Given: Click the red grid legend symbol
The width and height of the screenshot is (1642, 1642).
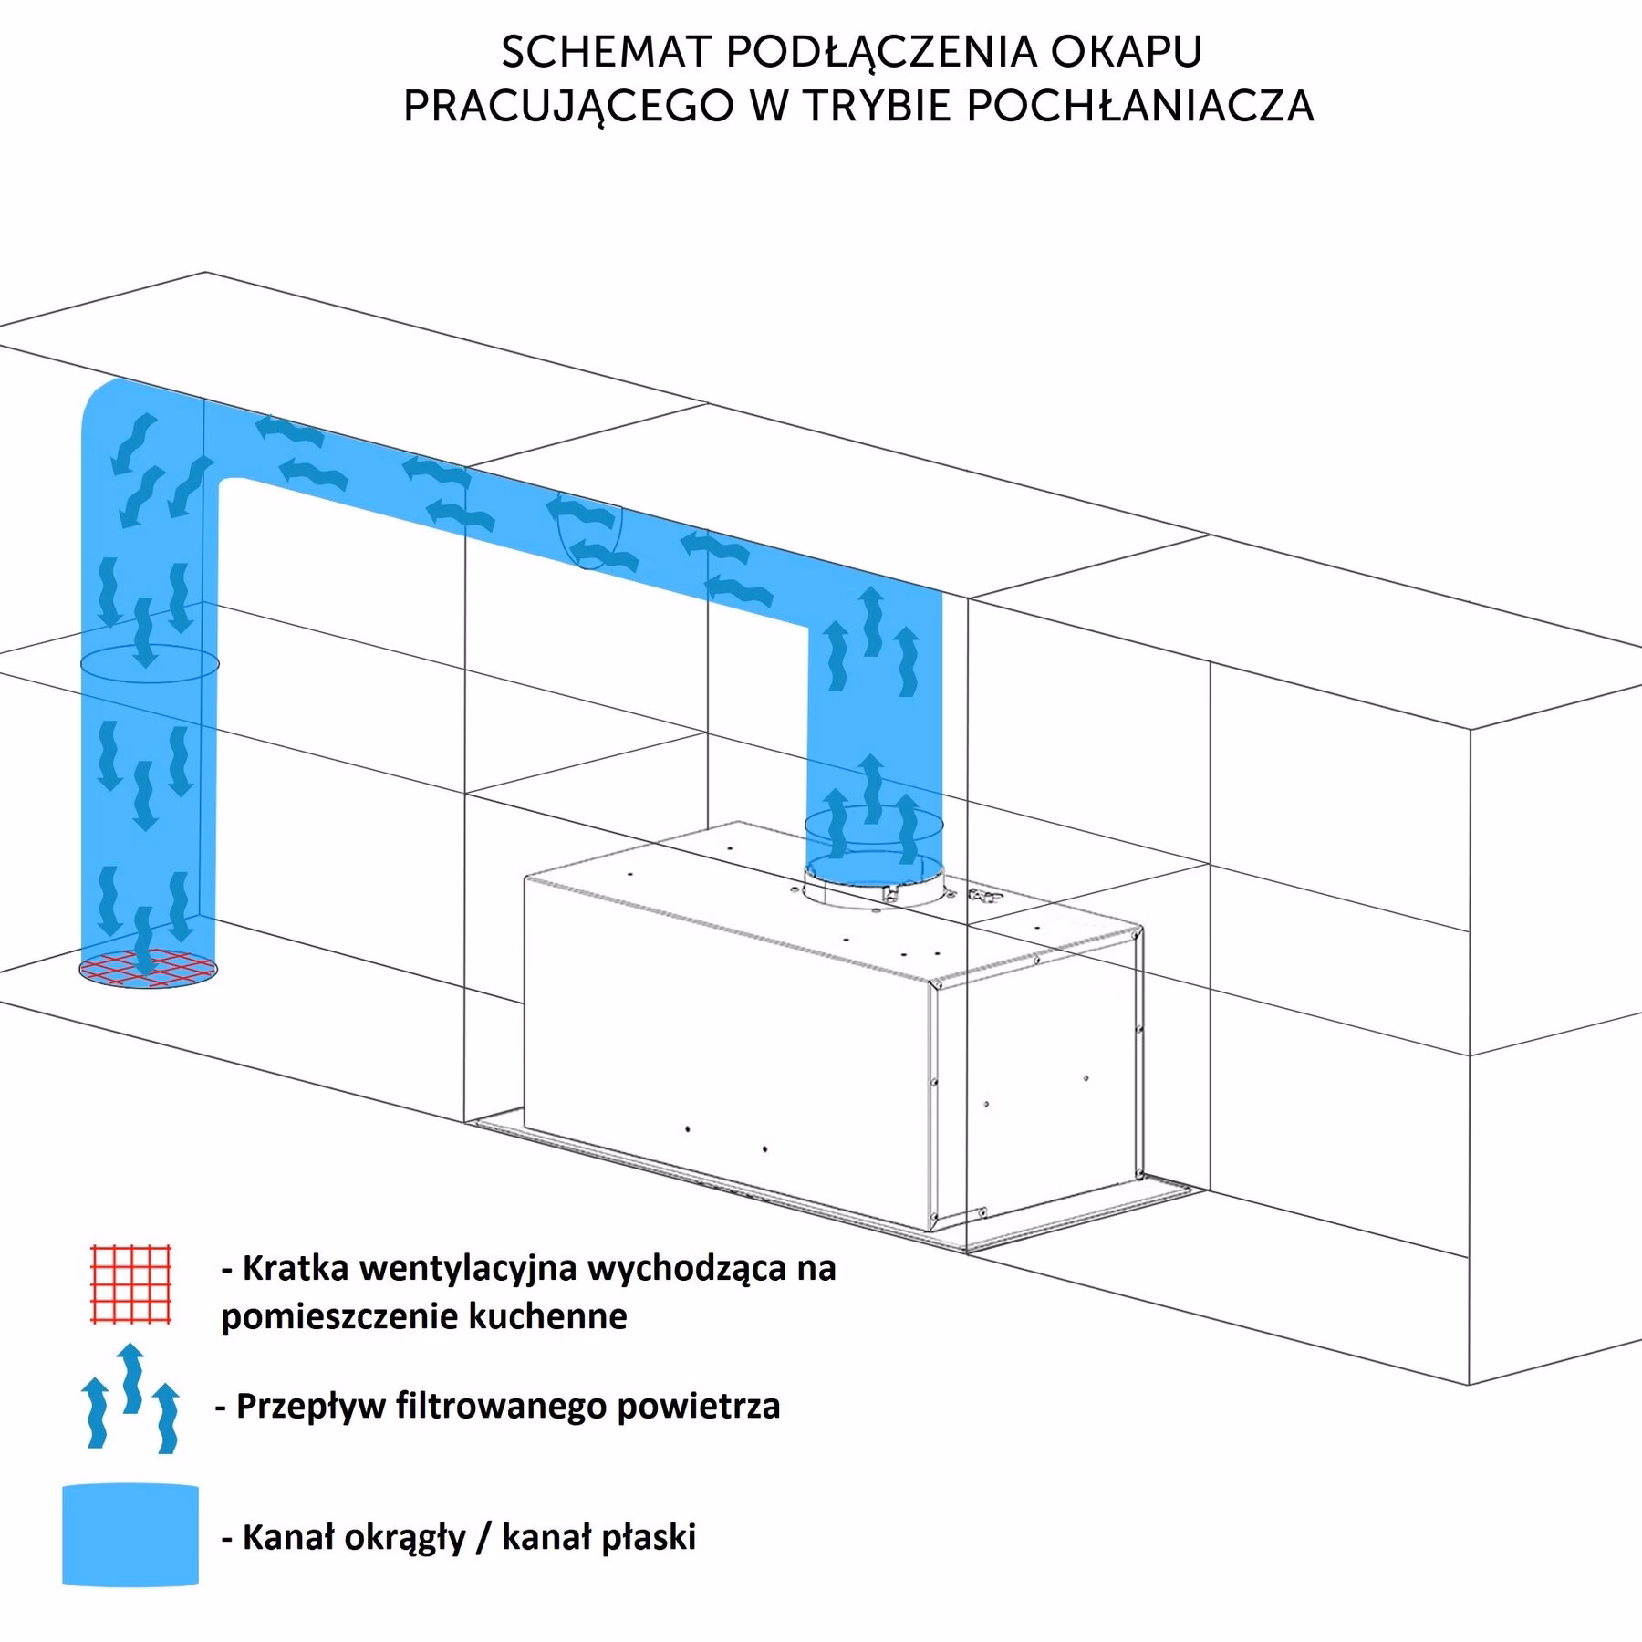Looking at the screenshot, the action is (131, 1283).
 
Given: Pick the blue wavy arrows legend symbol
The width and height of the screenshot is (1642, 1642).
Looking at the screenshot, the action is (130, 1398).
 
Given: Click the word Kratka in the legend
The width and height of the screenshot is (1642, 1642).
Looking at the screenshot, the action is (297, 1268).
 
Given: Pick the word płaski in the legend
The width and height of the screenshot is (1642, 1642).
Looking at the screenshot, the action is (644, 1539).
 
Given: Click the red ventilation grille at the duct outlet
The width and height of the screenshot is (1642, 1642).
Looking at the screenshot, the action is (148, 969).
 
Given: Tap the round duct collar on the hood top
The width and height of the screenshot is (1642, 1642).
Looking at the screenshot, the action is (873, 885).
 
